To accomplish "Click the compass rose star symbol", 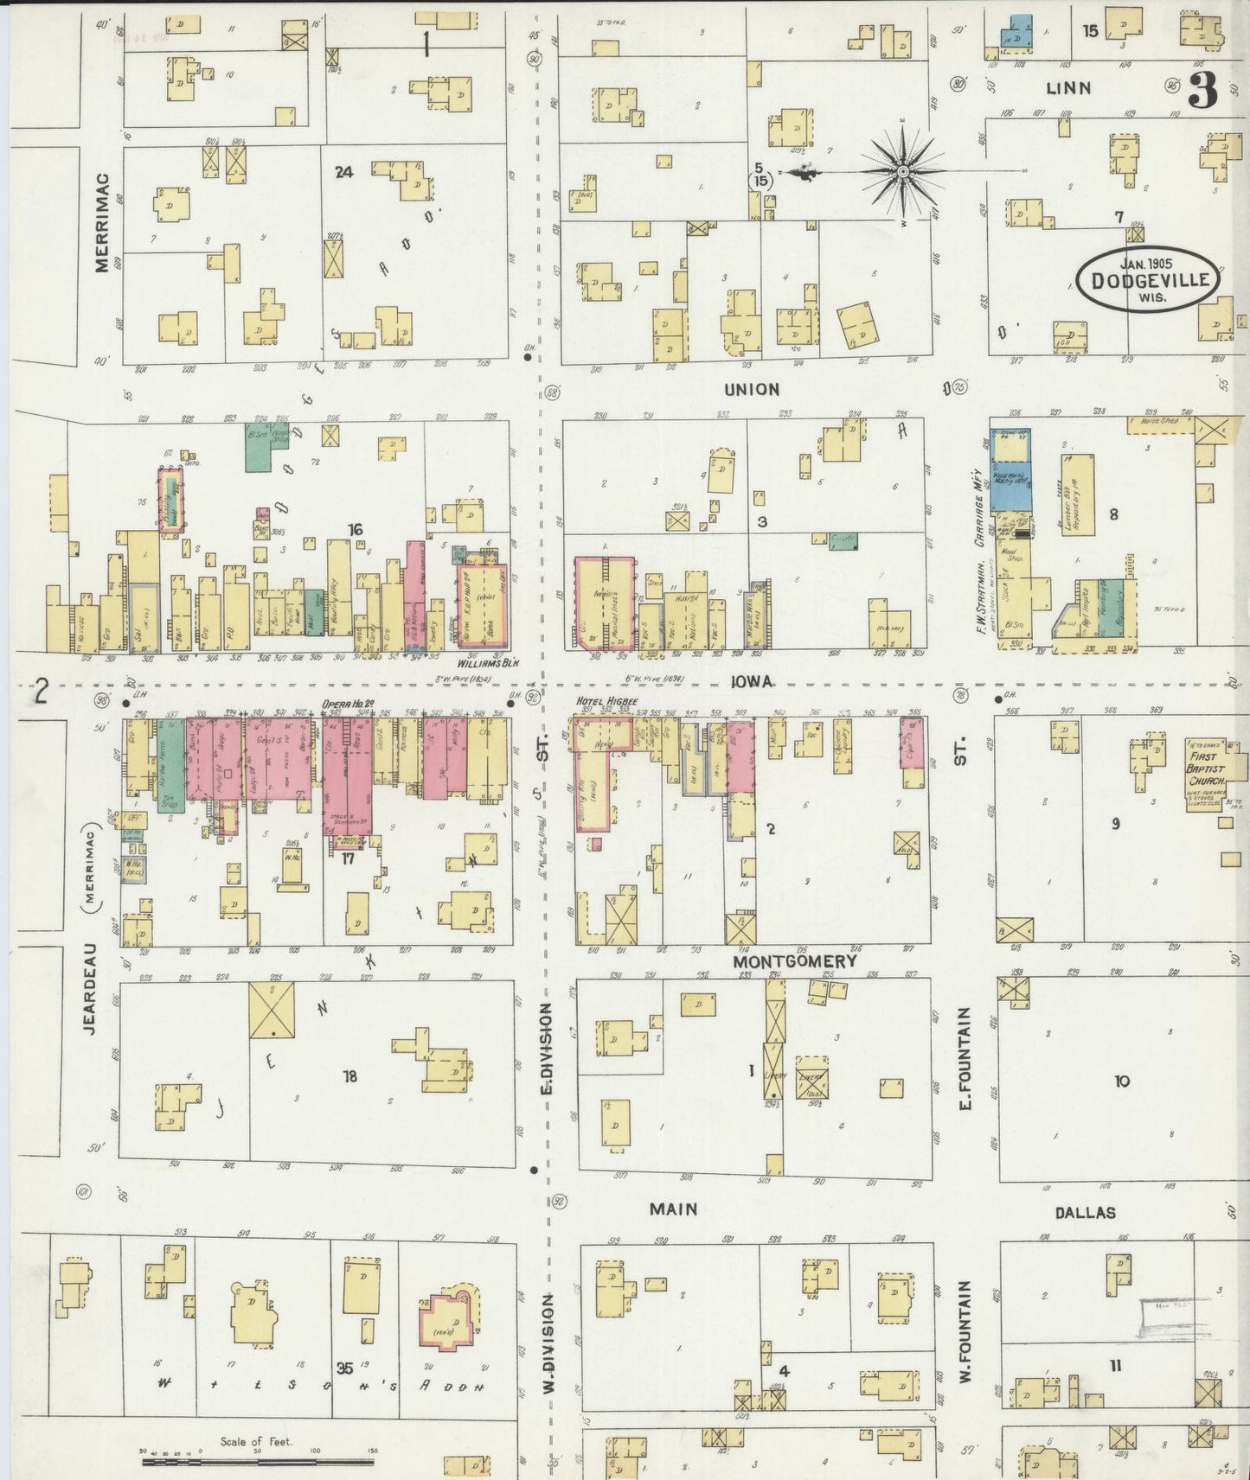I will [903, 171].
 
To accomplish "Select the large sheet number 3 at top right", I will [1202, 89].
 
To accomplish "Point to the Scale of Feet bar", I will [258, 1462].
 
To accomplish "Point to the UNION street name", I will [752, 390].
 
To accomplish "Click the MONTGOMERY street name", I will [795, 960].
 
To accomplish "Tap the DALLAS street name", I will [1085, 1213].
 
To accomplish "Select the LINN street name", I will [1068, 87].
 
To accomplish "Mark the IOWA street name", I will [753, 682].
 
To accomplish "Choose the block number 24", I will [343, 172].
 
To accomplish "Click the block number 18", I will [349, 1076].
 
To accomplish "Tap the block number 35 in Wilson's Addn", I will [345, 1368].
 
